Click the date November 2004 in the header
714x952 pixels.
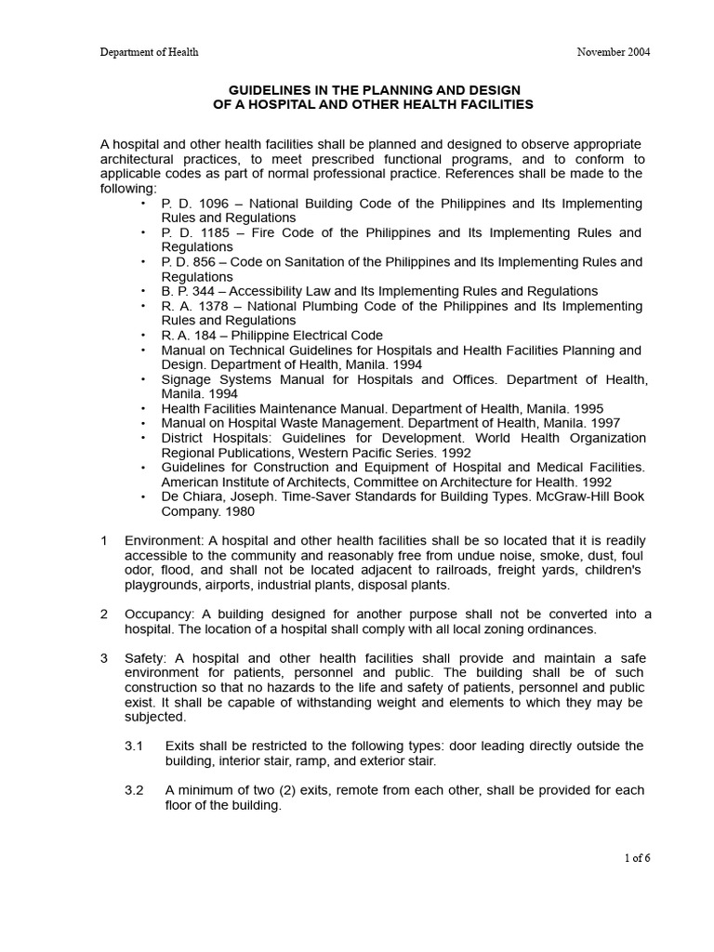coord(614,52)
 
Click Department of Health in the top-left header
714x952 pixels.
coord(149,52)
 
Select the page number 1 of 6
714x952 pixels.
coord(637,858)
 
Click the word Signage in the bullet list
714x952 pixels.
coord(188,379)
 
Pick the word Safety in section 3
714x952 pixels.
coord(144,658)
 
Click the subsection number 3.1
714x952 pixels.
coord(134,747)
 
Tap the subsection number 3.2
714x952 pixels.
coord(134,790)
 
